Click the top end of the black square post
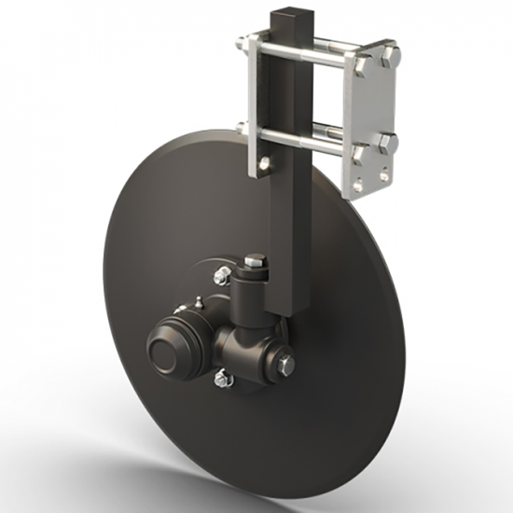[x=284, y=14]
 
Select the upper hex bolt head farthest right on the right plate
[x=392, y=53]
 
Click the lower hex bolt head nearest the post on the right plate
[x=362, y=150]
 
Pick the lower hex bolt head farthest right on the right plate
[x=388, y=145]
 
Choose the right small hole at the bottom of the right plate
[x=382, y=175]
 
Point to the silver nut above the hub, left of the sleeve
[x=221, y=275]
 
